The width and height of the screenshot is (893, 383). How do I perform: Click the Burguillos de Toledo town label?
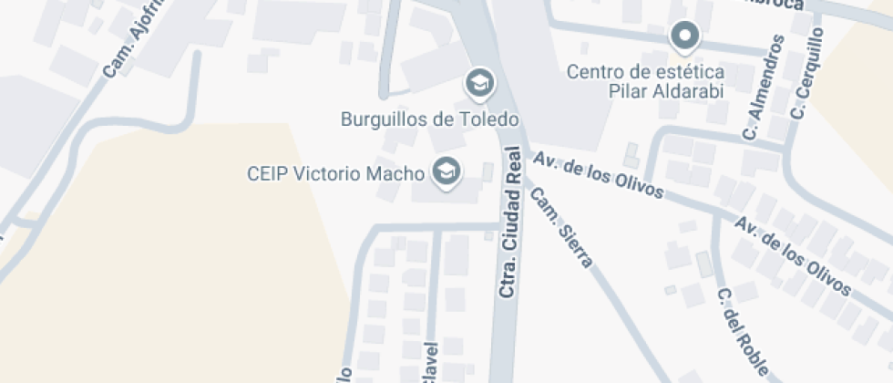429,119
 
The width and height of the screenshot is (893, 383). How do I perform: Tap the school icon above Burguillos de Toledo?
477,84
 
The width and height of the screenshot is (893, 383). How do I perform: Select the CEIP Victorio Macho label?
336,172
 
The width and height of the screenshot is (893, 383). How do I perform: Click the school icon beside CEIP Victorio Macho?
446,171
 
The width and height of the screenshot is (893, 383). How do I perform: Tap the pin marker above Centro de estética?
684,37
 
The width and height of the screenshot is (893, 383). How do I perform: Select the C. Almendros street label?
764,88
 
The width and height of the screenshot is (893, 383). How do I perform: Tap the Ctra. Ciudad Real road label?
510,223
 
